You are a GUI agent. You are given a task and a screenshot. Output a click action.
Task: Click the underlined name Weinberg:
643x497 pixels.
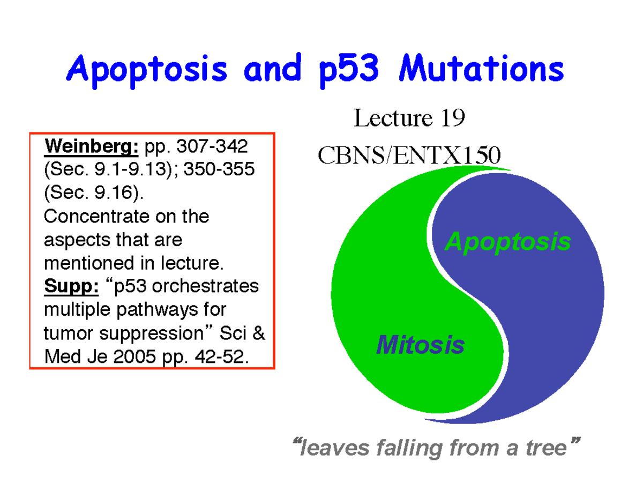[x=92, y=146]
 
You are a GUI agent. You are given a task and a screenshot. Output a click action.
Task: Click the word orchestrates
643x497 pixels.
[x=205, y=286]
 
